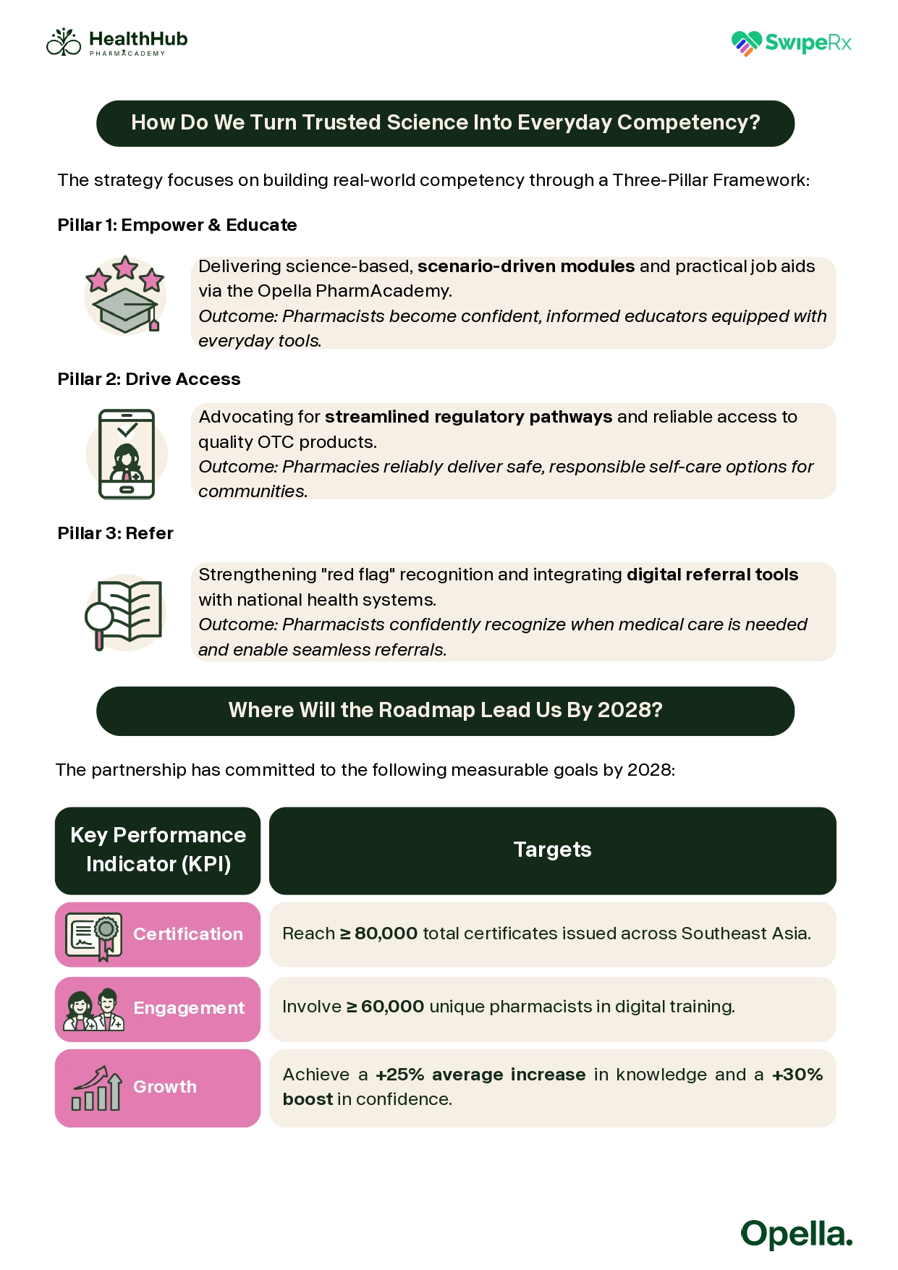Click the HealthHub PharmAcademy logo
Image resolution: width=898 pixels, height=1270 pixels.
(117, 43)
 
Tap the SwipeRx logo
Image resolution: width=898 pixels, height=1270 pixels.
(791, 43)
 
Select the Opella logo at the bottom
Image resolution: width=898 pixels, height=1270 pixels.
(796, 1234)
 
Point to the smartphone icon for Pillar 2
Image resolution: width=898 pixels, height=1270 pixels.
(127, 454)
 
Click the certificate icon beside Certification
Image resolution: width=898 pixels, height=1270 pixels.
(94, 935)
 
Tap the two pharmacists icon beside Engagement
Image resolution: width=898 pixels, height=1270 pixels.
(94, 1009)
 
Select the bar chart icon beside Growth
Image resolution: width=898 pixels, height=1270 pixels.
(96, 1088)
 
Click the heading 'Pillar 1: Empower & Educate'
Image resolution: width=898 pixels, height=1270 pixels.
(177, 225)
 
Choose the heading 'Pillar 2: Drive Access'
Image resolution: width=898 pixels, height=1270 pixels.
(149, 379)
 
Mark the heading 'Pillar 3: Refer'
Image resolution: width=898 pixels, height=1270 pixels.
(116, 533)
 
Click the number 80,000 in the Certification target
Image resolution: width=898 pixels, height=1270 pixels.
(386, 934)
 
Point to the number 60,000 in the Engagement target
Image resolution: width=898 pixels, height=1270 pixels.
(392, 1007)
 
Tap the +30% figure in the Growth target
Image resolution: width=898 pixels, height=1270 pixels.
(797, 1075)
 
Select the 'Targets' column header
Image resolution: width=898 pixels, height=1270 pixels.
(552, 850)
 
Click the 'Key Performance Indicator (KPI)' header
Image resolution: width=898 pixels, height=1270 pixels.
(158, 850)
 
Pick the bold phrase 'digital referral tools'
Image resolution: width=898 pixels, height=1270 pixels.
(712, 575)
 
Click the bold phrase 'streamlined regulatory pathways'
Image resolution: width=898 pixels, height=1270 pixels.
(468, 417)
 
